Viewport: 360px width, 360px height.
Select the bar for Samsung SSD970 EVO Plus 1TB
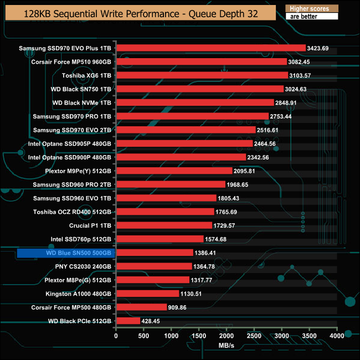click(x=210, y=48)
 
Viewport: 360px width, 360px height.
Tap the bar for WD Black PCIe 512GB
click(x=128, y=321)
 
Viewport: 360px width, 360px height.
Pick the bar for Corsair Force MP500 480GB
click(x=141, y=307)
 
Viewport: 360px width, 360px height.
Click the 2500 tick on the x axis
click(x=254, y=336)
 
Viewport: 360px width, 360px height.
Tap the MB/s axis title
click(x=227, y=346)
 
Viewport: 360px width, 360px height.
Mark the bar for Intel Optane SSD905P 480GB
click(x=184, y=143)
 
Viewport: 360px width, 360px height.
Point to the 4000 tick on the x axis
click(x=337, y=336)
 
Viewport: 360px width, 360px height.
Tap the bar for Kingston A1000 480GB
click(x=147, y=294)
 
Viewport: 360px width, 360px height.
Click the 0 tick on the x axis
click(x=116, y=336)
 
